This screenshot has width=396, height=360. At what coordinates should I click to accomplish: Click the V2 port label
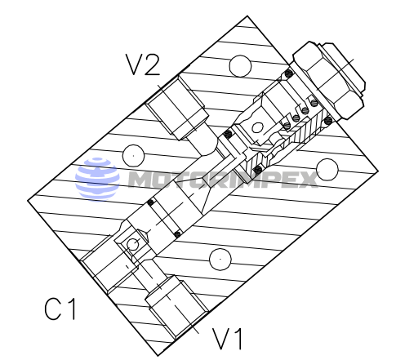(x=142, y=64)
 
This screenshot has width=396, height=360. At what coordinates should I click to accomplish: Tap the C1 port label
(x=60, y=309)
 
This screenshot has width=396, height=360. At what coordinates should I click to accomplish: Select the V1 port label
(x=227, y=338)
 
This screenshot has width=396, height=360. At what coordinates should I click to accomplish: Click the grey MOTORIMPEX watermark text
(x=223, y=180)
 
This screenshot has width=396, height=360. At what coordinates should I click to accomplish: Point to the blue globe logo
(x=97, y=180)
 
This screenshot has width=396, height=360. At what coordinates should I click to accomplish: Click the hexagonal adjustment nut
(x=328, y=81)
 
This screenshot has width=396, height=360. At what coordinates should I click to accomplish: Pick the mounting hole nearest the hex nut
(x=240, y=66)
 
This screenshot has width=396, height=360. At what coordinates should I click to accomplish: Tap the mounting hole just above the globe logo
(x=133, y=156)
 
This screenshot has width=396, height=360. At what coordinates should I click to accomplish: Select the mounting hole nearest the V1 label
(x=220, y=259)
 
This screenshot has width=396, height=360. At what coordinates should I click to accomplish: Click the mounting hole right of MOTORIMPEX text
(x=327, y=170)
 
